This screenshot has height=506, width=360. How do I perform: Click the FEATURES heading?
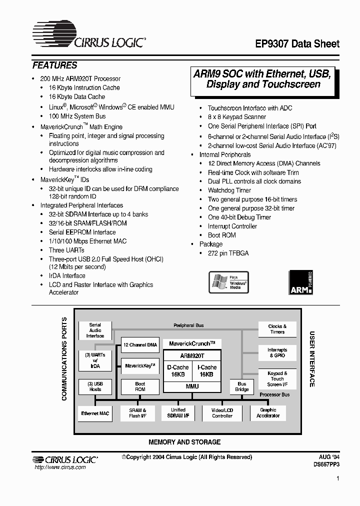coord(54,65)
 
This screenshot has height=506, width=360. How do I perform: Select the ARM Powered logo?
coord(301,282)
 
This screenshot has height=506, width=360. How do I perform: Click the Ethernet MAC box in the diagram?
coord(95,413)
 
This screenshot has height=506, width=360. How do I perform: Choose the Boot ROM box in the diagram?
coord(140,386)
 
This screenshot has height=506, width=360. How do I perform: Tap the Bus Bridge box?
coord(242,386)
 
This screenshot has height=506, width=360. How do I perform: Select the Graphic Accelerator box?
coord(268,413)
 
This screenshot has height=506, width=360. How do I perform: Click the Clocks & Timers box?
coord(277,329)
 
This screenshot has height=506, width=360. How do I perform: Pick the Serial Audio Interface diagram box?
coord(95,330)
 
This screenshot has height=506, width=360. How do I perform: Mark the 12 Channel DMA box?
coord(140,345)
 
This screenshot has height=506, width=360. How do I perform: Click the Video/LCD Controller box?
coord(222,413)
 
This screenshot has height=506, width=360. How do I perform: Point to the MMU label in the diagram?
coord(192,386)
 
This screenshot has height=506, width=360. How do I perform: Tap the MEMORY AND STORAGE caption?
coord(184,442)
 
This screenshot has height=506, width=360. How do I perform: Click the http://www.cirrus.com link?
coord(59,467)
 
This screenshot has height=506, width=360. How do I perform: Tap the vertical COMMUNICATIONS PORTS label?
coord(64,359)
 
